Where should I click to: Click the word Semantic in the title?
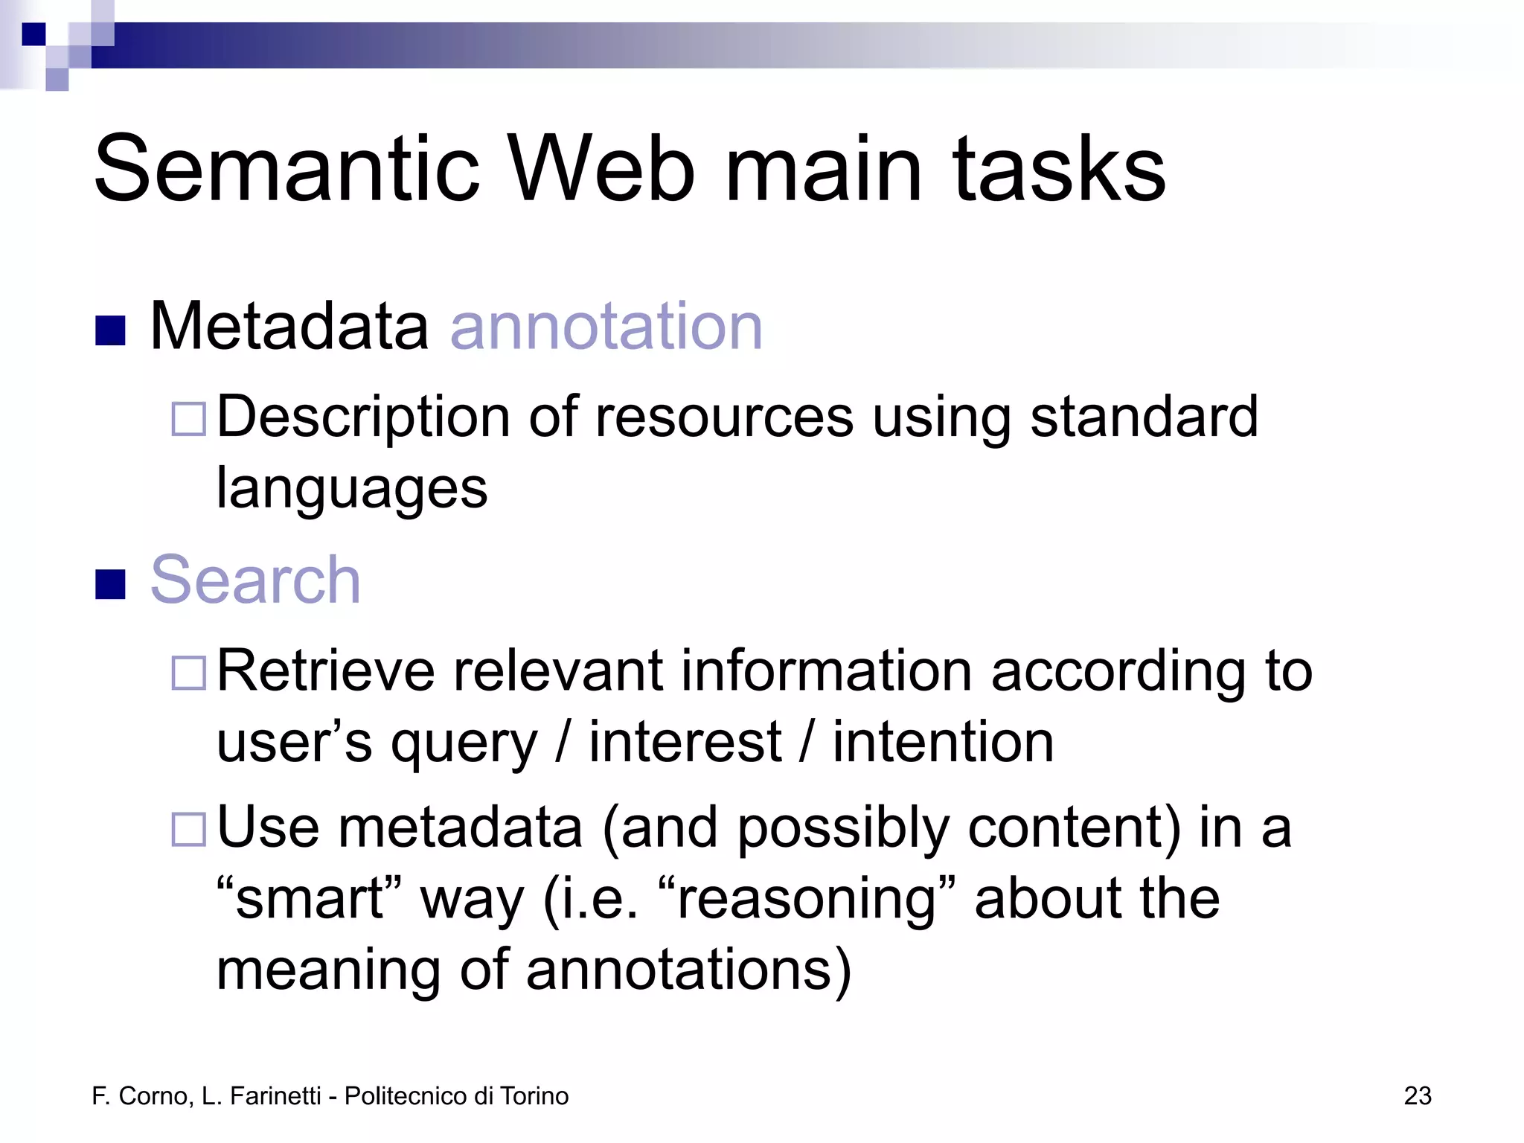click(x=287, y=169)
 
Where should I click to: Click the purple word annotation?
click(x=606, y=327)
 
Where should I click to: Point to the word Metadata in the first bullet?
click(x=289, y=327)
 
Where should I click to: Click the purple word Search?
click(x=255, y=580)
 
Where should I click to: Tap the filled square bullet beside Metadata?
click(x=110, y=331)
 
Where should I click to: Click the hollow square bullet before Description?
click(x=188, y=419)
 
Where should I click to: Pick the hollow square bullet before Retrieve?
click(x=188, y=673)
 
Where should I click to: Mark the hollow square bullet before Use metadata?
click(x=188, y=829)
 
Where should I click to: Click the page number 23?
click(x=1417, y=1096)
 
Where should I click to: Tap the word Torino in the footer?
click(x=534, y=1096)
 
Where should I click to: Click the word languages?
click(x=352, y=490)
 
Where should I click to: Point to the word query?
click(x=464, y=744)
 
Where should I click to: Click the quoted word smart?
click(x=309, y=899)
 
